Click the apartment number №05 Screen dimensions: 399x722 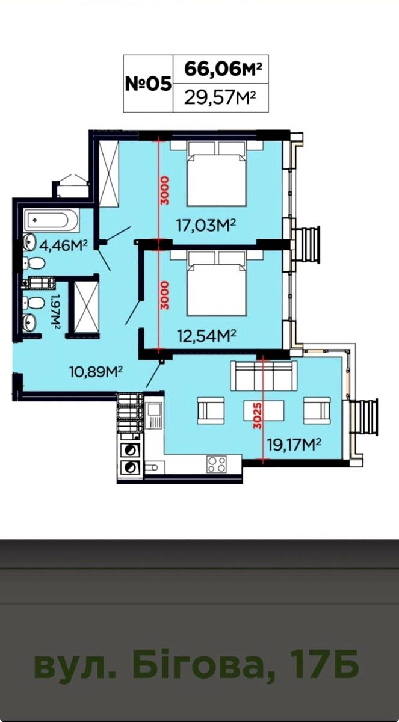(148, 84)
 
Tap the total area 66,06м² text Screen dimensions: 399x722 (222, 69)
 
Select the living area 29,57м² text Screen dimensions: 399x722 (220, 97)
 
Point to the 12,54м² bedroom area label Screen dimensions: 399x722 (207, 335)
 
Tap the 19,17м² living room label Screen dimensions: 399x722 (294, 446)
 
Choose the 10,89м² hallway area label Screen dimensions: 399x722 (96, 372)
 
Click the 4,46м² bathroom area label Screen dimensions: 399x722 (64, 246)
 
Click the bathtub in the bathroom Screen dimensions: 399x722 (51, 220)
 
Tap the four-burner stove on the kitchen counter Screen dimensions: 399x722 (217, 464)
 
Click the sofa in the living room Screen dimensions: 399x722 (264, 376)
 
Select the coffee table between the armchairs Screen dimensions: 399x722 (264, 412)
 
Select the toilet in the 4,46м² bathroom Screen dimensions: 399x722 (34, 263)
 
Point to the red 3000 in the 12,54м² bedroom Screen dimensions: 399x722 (164, 295)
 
